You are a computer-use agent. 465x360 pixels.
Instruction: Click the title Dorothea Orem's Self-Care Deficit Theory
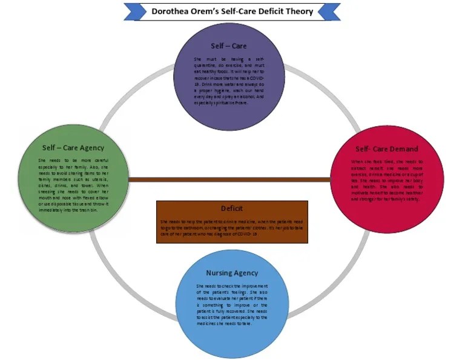[x=232, y=11]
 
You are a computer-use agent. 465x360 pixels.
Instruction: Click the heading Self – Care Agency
[x=73, y=147]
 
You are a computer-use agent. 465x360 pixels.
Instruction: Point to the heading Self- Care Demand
[x=386, y=148]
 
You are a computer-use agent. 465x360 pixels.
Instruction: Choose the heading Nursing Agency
[x=232, y=273]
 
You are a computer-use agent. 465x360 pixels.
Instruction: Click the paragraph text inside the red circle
[x=386, y=180]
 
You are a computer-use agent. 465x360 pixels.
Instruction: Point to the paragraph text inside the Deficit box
[x=232, y=227]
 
